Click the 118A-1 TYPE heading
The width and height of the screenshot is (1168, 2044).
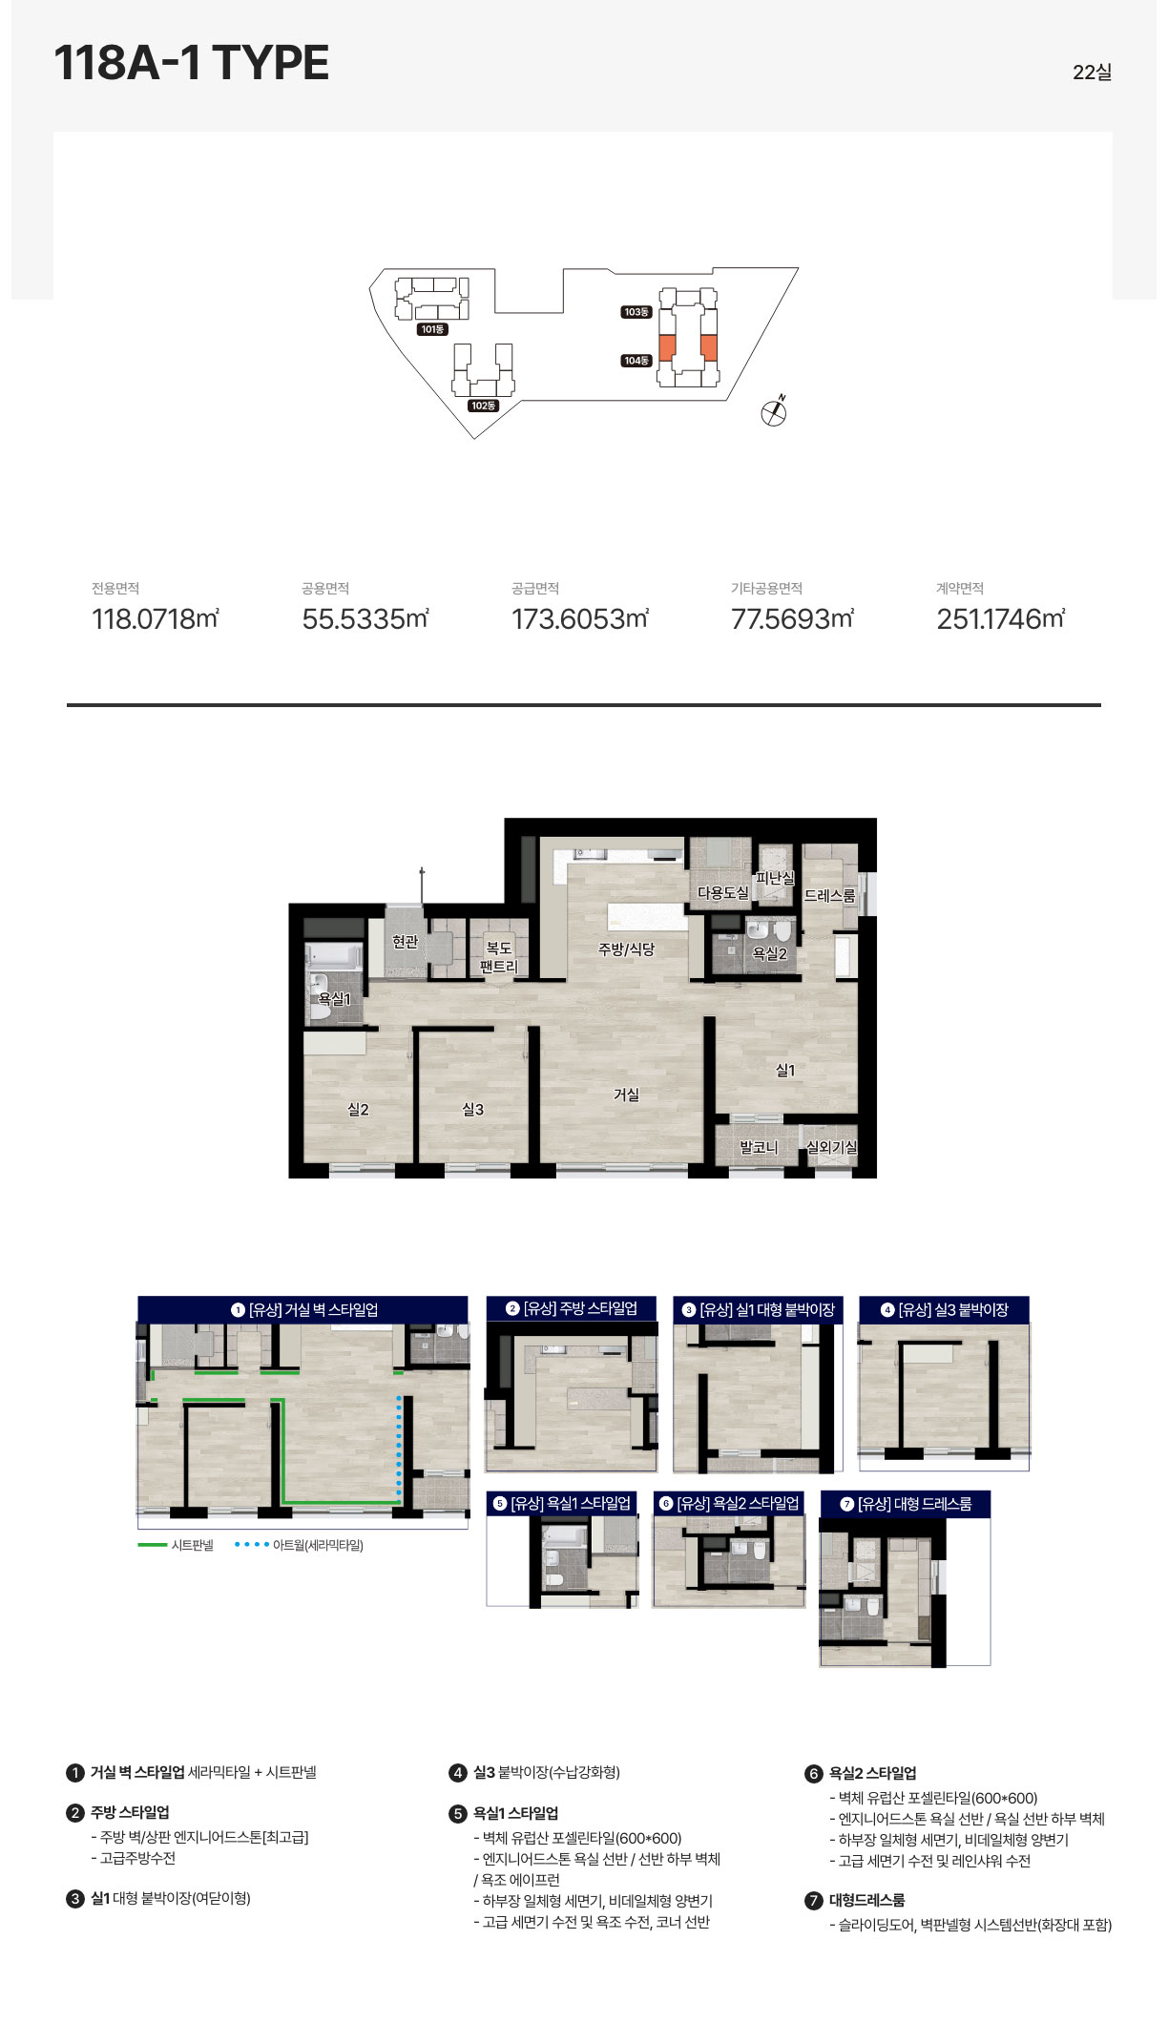tap(192, 63)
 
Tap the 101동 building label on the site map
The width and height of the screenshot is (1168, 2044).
tap(432, 329)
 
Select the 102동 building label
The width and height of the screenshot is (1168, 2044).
tap(484, 406)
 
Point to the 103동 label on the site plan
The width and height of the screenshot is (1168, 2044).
tap(636, 312)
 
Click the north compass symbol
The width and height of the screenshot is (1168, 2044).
tap(774, 411)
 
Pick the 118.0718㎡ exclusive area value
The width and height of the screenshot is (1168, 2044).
tap(156, 619)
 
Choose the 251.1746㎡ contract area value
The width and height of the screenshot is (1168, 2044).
tap(1001, 619)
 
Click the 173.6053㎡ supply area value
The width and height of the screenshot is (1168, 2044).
tap(580, 619)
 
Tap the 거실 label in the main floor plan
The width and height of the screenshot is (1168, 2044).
tap(626, 1095)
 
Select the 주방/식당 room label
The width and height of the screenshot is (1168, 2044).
tap(626, 949)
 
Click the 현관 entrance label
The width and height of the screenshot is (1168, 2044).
tap(406, 942)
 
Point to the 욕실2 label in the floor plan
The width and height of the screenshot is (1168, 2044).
tap(770, 953)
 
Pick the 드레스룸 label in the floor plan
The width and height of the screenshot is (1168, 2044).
tap(829, 895)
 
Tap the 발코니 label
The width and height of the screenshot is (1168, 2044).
tap(759, 1147)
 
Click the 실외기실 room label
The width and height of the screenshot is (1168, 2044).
tap(832, 1147)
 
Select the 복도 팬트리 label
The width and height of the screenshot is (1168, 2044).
tap(498, 957)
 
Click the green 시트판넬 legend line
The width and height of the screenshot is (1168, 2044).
tap(153, 1545)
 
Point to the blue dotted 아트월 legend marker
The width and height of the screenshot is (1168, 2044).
tap(252, 1545)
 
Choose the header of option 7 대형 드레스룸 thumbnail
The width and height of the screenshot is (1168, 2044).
tap(906, 1504)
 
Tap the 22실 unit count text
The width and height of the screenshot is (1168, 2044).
tap(1092, 73)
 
